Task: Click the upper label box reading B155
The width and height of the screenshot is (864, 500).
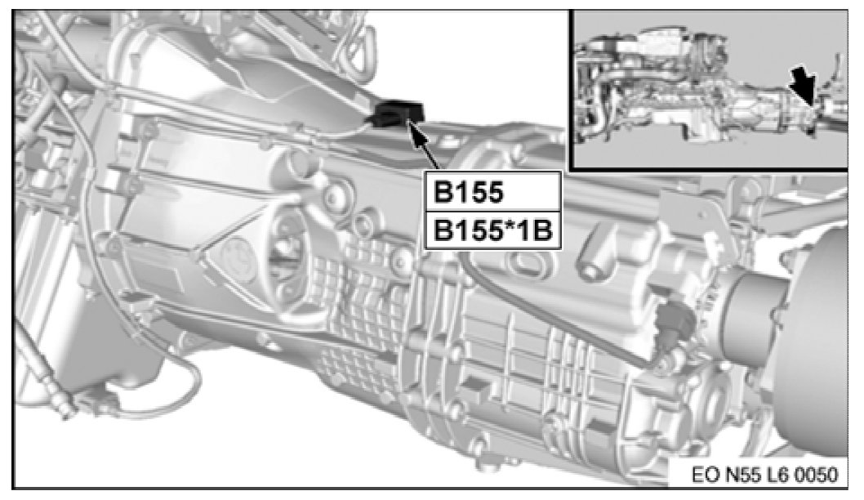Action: tap(492, 192)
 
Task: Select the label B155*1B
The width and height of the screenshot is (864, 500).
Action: tap(492, 230)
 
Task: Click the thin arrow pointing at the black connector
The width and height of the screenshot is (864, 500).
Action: tap(425, 146)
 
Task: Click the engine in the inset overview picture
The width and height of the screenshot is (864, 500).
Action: tap(650, 83)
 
